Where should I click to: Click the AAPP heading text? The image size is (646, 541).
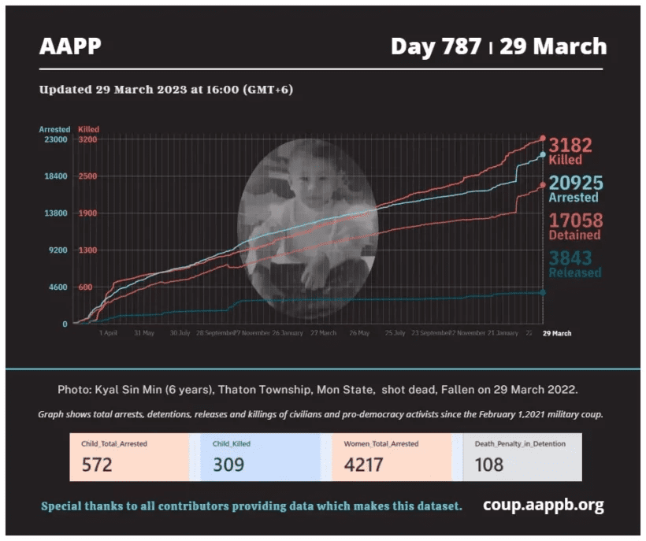70,46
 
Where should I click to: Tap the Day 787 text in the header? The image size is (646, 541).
436,46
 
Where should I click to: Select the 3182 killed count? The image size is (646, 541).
570,146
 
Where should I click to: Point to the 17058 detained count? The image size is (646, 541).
575,220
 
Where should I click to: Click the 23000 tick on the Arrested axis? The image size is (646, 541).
54,139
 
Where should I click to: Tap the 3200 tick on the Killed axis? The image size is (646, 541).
87,139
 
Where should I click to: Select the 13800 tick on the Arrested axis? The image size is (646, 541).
54,213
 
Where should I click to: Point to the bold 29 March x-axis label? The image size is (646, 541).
557,333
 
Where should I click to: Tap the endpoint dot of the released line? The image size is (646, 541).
542,292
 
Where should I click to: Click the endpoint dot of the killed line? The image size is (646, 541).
542,139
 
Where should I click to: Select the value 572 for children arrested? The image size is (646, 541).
97,465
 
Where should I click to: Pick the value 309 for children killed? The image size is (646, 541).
228,465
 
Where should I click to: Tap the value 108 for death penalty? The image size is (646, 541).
488,465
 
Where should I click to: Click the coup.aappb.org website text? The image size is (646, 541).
544,505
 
